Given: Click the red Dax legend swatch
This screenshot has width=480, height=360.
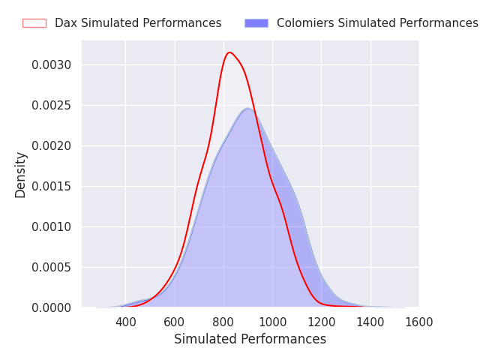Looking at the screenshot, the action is (34, 23).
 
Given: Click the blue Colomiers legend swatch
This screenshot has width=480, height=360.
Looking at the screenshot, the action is (256, 23).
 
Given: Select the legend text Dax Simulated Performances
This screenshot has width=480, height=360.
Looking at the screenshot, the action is (138, 23).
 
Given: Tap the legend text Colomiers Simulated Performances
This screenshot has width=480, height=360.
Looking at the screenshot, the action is (377, 23).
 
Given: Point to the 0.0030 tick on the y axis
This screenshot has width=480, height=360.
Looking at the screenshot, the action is (52, 65).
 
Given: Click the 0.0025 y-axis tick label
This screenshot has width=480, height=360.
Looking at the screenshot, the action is (52, 105).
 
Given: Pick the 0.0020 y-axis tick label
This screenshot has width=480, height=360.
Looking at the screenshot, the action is (52, 146).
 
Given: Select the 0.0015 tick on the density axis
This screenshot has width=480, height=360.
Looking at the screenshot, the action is (52, 187).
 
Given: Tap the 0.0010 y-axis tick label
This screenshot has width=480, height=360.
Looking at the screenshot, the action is (52, 226).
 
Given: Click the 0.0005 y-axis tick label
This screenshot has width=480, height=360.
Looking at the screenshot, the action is (52, 268).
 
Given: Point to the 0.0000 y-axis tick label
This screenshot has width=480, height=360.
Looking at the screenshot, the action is (52, 308).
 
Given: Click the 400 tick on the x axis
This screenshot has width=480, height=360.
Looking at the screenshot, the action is (126, 322).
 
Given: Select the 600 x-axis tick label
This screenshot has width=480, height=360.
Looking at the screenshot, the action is (175, 322).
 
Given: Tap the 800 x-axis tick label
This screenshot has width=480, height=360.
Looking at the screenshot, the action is (223, 322).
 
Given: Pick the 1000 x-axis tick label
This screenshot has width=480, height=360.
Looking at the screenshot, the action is (273, 322).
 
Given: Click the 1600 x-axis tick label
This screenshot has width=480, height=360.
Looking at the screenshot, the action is (419, 322).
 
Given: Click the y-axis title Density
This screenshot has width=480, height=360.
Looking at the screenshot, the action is (20, 175).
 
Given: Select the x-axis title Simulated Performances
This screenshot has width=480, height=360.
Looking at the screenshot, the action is (250, 339).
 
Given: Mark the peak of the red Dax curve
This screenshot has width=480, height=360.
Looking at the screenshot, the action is (229, 52).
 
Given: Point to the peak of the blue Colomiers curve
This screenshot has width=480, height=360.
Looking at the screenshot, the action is (248, 108).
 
